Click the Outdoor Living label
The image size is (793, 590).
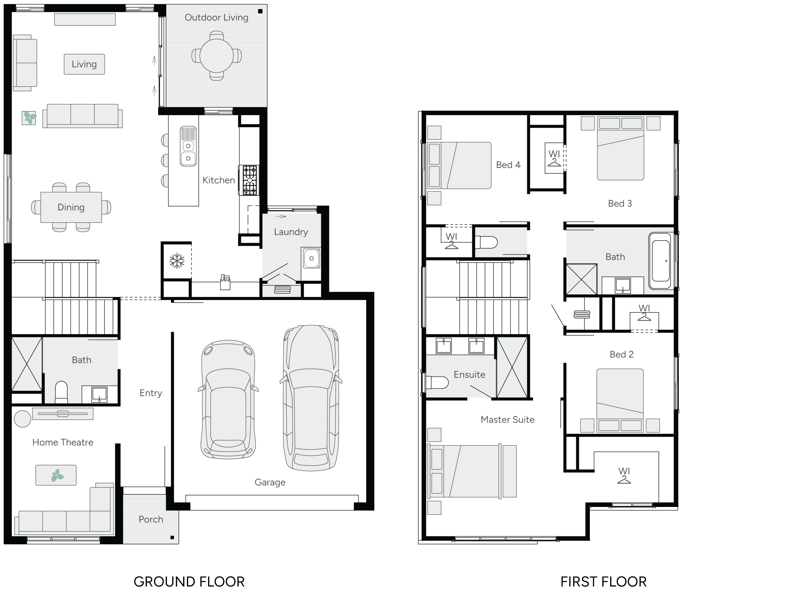(216, 18)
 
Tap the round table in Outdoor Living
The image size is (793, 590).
(216, 56)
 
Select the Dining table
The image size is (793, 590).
(71, 207)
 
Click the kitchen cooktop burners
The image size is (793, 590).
(249, 180)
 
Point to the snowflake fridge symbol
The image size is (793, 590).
(177, 261)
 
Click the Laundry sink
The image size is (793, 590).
(311, 259)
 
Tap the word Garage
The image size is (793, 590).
(270, 482)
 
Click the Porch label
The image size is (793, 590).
(151, 519)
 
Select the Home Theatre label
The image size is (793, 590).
(63, 442)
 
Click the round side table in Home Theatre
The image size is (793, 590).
(22, 419)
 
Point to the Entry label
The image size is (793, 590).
(151, 393)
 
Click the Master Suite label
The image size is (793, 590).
(508, 420)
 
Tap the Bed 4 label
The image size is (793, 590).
(508, 165)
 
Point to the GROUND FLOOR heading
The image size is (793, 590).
(189, 582)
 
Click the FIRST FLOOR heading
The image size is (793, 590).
(603, 582)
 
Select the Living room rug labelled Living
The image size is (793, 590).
(84, 64)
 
